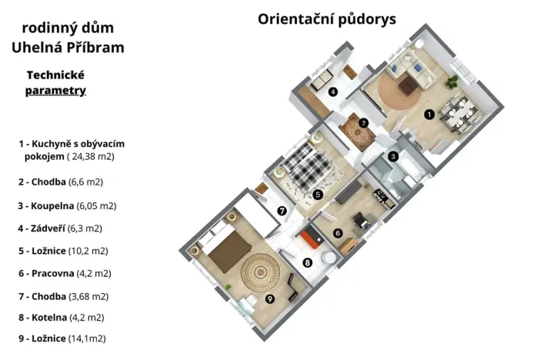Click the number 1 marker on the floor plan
pyautogui.click(x=428, y=114)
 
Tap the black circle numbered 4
pyautogui.click(x=333, y=92)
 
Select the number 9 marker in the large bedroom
pyautogui.click(x=270, y=298)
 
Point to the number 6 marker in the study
pyautogui.click(x=337, y=233)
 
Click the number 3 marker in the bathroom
pyautogui.click(x=392, y=156)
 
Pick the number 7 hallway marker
pyautogui.click(x=282, y=210)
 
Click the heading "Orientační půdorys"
pyautogui.click(x=327, y=19)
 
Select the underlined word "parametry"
pyautogui.click(x=55, y=90)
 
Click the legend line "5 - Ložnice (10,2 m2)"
pyautogui.click(x=68, y=250)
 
